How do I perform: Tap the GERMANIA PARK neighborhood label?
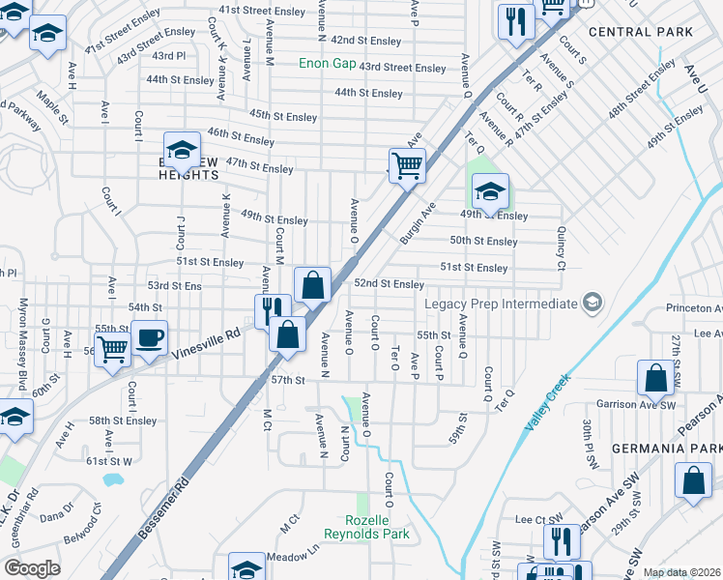tap(665, 449)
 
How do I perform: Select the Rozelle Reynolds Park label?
tap(365, 527)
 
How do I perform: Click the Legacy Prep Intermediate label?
tap(501, 304)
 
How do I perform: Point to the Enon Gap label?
tap(329, 64)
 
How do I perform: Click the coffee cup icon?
tap(149, 337)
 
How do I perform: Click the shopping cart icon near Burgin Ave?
tap(407, 165)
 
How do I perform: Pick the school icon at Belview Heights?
tap(181, 150)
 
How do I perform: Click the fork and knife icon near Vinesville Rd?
tap(273, 311)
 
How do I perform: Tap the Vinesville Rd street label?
tap(206, 344)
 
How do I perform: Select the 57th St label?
tap(288, 381)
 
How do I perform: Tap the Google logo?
tap(32, 568)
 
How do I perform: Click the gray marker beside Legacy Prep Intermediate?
tap(592, 304)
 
